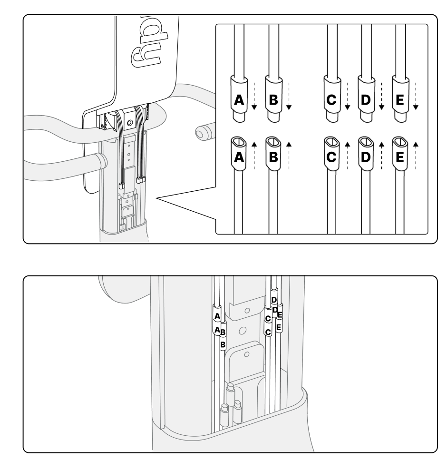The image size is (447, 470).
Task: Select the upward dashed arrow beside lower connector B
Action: (289, 155)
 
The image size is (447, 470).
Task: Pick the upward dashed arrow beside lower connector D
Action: (381, 155)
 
